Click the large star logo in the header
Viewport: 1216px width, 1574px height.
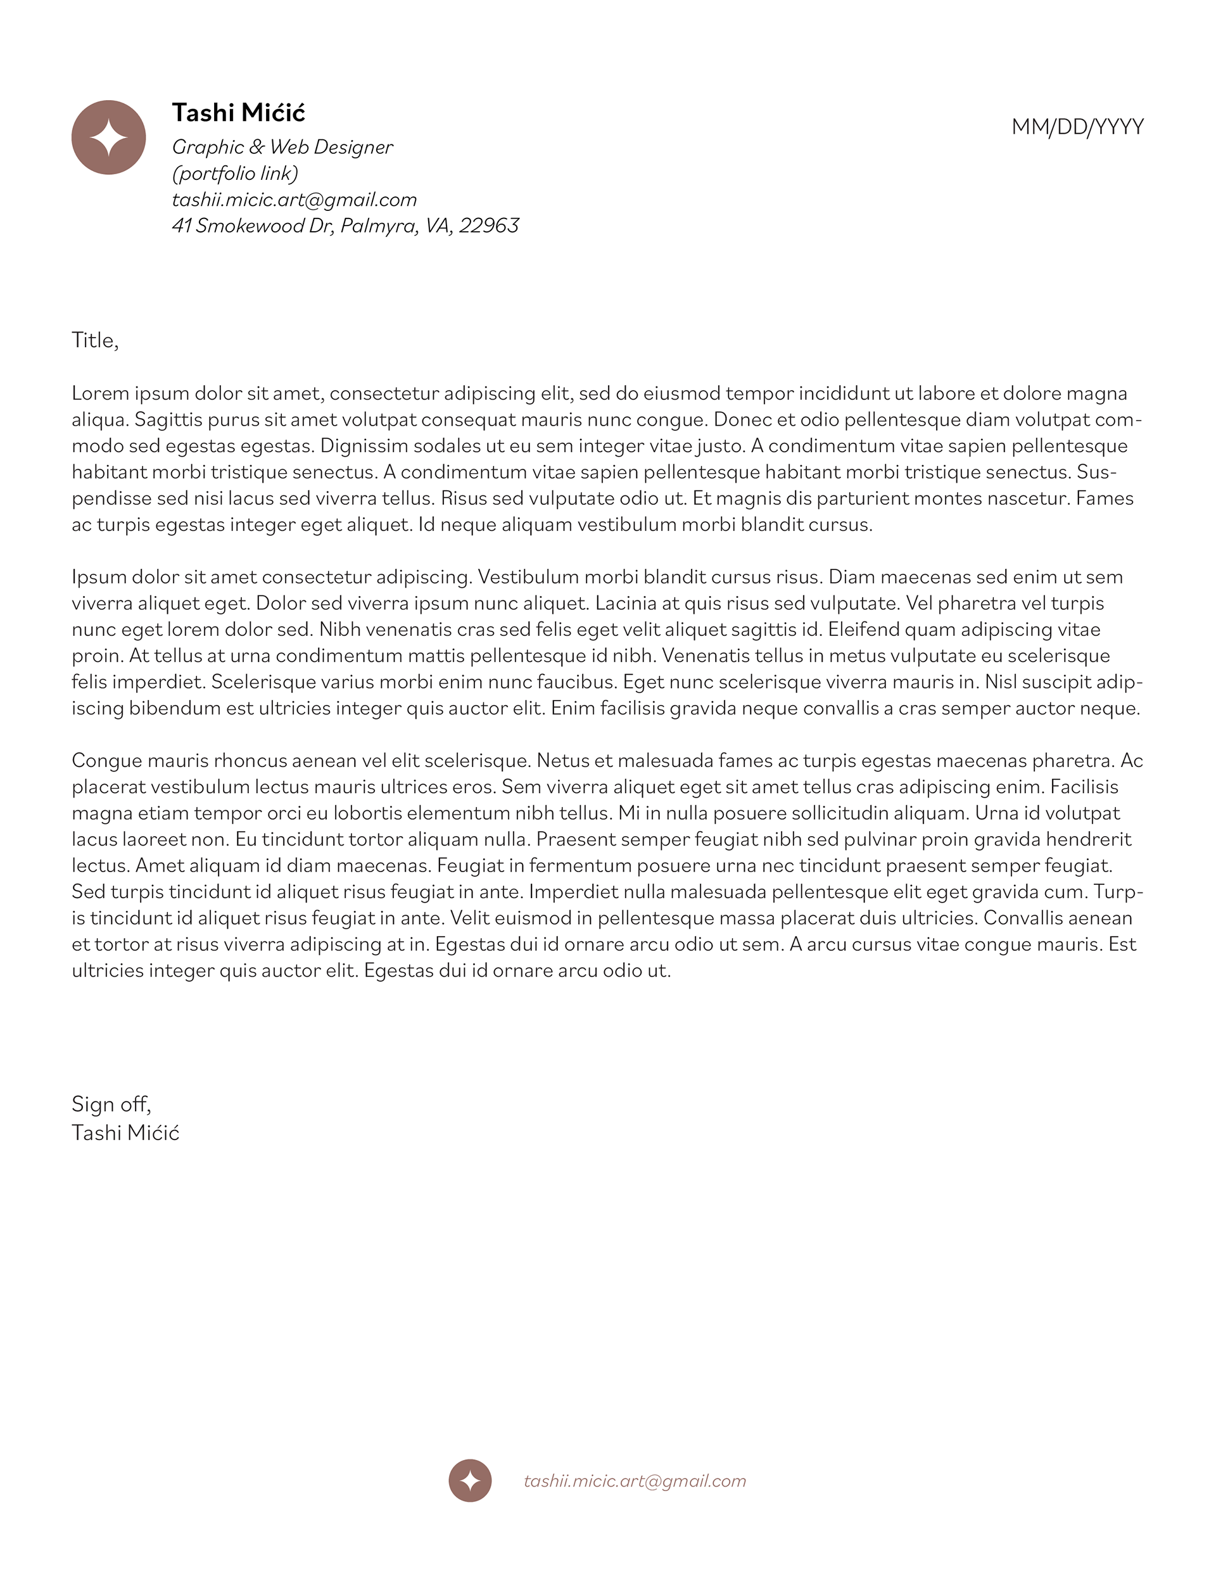pyautogui.click(x=108, y=137)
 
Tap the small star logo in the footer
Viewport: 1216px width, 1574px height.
pyautogui.click(x=470, y=1481)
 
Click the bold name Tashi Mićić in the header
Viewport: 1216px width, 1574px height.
pyautogui.click(x=239, y=113)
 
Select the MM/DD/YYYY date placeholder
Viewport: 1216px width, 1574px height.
pyautogui.click(x=1077, y=127)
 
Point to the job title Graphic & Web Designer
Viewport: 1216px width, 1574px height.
pyautogui.click(x=282, y=147)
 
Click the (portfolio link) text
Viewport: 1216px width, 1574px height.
pyautogui.click(x=235, y=174)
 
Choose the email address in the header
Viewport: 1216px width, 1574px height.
pyautogui.click(x=294, y=200)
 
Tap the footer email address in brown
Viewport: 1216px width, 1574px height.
pyautogui.click(x=635, y=1481)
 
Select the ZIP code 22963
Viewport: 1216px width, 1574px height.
pyautogui.click(x=489, y=226)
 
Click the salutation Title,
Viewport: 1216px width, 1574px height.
pyautogui.click(x=94, y=340)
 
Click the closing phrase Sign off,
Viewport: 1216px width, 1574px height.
pyautogui.click(x=111, y=1104)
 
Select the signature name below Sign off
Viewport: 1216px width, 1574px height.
pyautogui.click(x=125, y=1133)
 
